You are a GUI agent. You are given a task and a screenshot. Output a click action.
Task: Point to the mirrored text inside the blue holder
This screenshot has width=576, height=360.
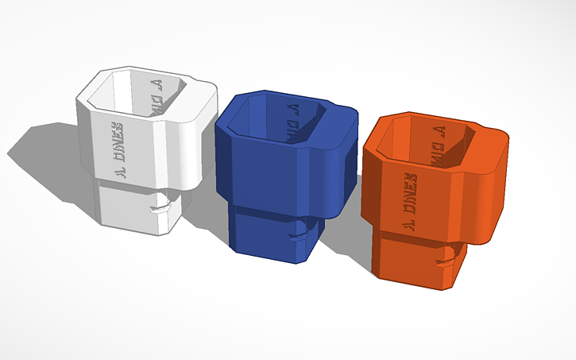pyautogui.click(x=292, y=117)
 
